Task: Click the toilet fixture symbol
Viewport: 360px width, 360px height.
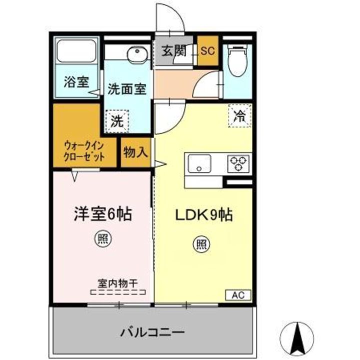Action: point(237,60)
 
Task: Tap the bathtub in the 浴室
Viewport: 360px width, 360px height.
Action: point(76,51)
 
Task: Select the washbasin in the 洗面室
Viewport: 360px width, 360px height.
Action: point(137,55)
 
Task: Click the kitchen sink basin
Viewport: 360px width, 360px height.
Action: point(199,163)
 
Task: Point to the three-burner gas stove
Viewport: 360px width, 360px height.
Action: point(238,163)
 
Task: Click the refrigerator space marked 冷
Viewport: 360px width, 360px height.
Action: point(240,115)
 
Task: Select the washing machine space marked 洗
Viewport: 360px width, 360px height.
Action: point(117,121)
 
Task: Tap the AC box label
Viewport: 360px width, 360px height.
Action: point(238,295)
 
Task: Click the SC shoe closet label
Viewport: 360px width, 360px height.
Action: point(207,50)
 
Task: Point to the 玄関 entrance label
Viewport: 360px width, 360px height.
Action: point(174,50)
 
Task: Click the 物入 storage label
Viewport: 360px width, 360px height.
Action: point(135,152)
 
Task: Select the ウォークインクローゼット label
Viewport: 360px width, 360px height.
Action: point(84,151)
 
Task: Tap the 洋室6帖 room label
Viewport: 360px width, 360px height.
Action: point(103,214)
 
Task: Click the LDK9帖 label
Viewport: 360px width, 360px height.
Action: point(204,215)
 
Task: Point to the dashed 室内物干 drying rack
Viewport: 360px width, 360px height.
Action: point(118,292)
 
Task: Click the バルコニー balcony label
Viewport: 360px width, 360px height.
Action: point(152,332)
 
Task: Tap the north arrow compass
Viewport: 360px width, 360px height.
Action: point(298,338)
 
